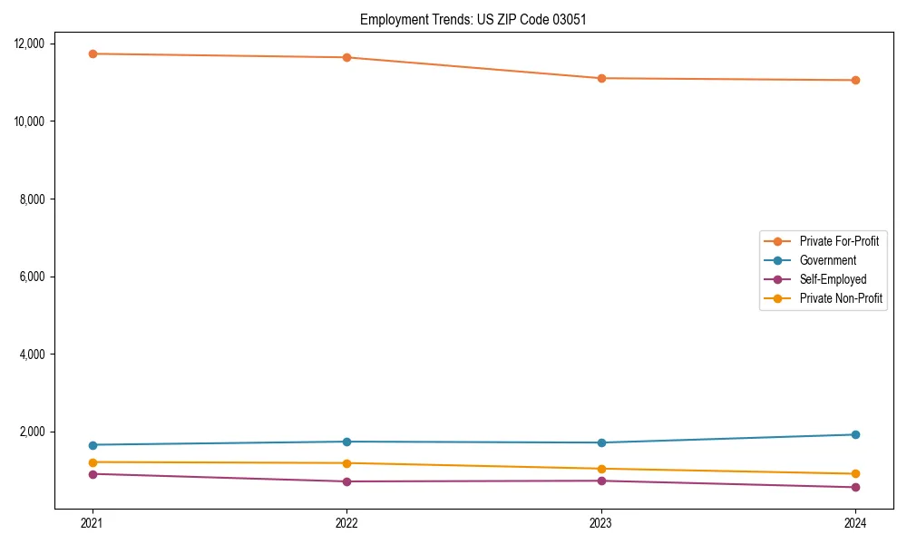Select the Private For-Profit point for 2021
coord(92,53)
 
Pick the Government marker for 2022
coord(346,442)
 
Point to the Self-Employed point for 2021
coord(92,474)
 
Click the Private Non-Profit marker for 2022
coord(346,463)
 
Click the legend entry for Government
coord(827,260)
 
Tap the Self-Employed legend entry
coord(833,279)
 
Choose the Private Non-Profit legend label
coord(841,298)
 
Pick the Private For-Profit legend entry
coord(839,241)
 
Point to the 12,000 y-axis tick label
coord(34,44)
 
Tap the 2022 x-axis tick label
coord(346,522)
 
